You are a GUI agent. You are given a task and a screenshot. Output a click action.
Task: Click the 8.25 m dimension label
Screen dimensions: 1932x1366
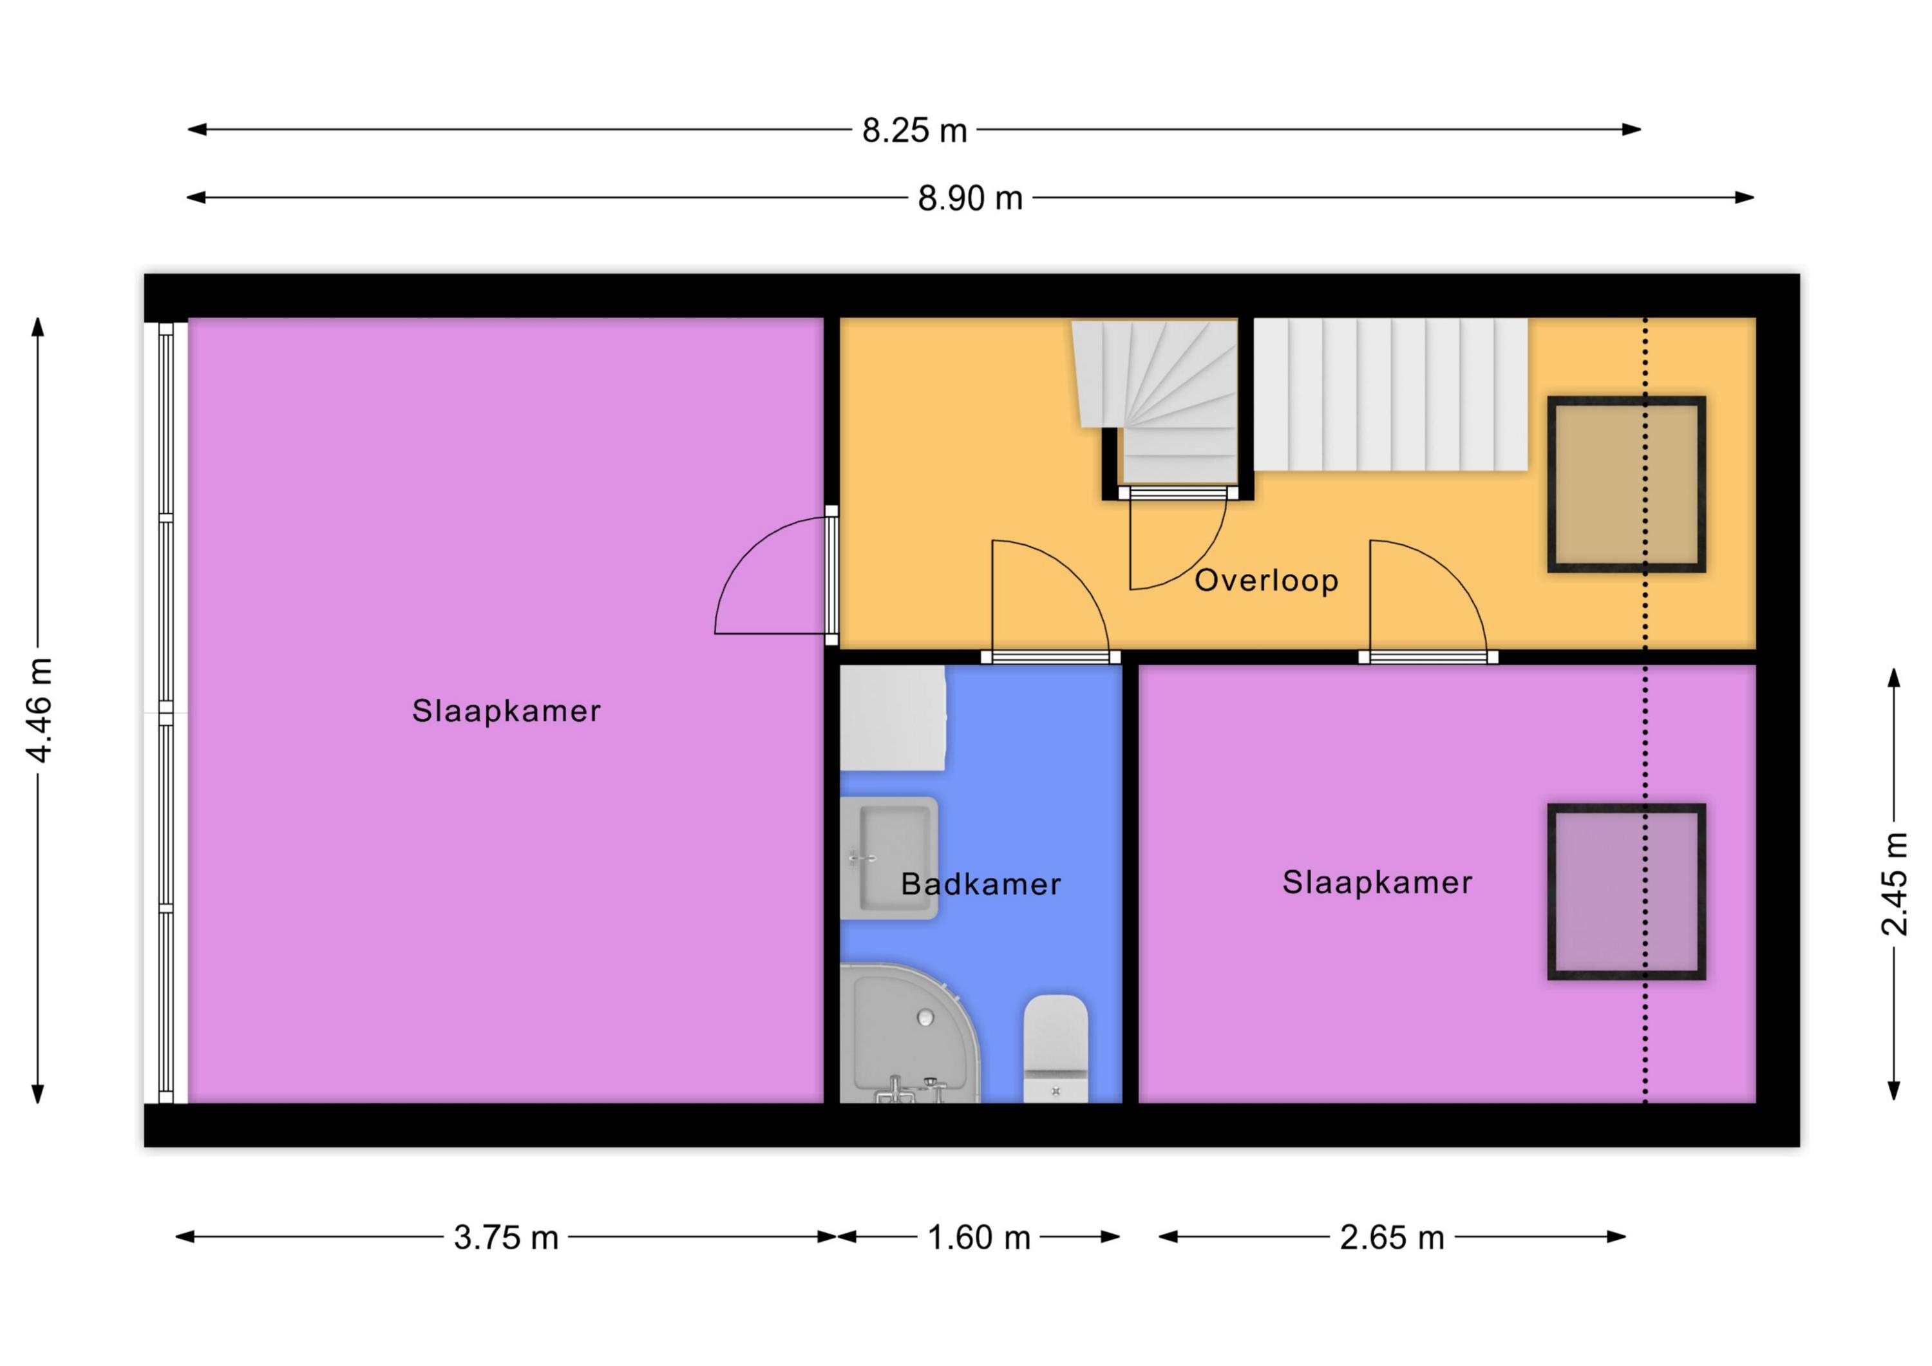pyautogui.click(x=914, y=131)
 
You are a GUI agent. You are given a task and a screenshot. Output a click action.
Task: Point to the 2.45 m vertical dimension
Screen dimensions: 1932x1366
pyautogui.click(x=1894, y=884)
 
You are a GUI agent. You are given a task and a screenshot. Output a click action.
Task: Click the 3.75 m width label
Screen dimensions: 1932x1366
pyautogui.click(x=506, y=1238)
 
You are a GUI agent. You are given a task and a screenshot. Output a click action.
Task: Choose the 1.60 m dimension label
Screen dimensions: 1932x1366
pyautogui.click(x=979, y=1238)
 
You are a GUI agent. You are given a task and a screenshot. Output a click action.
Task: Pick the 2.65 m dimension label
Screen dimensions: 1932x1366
pyautogui.click(x=1392, y=1238)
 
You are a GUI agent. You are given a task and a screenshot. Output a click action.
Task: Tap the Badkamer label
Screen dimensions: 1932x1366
pyautogui.click(x=981, y=884)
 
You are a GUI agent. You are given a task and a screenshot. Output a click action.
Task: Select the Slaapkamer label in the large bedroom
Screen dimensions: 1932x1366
pyautogui.click(x=507, y=711)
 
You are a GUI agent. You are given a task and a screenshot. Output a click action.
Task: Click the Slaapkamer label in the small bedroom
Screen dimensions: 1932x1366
pyautogui.click(x=1378, y=882)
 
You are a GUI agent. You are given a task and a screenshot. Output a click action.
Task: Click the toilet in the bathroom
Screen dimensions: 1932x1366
pyautogui.click(x=1056, y=1048)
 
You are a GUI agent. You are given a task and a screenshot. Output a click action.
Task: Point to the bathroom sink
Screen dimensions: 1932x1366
pyautogui.click(x=889, y=858)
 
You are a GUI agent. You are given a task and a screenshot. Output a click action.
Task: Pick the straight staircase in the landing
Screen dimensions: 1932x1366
pyautogui.click(x=1390, y=394)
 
